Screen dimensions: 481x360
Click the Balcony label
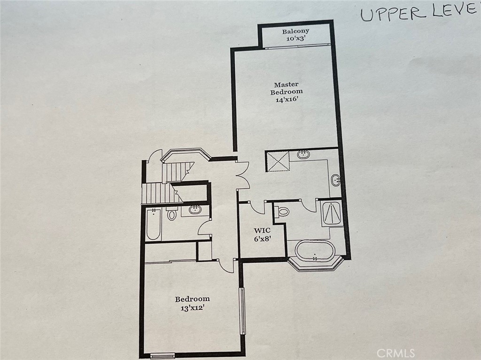[x=296, y=31]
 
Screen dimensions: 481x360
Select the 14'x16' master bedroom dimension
[x=287, y=100]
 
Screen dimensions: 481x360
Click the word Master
[x=286, y=84]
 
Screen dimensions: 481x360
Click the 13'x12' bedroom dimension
[x=192, y=308]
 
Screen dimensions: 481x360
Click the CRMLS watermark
[x=396, y=352]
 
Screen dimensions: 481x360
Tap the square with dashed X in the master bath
[x=278, y=161]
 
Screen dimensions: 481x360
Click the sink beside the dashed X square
[x=304, y=154]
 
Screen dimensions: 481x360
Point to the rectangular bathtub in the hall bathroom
[x=154, y=224]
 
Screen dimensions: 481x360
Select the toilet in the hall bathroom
[x=172, y=214]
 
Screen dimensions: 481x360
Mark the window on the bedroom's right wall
[x=242, y=311]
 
